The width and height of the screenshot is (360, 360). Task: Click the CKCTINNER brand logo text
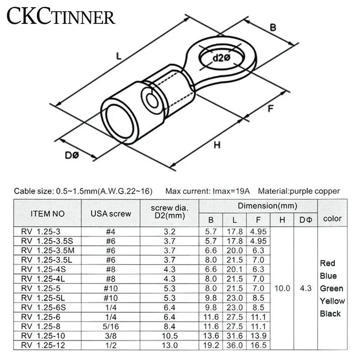point(61,17)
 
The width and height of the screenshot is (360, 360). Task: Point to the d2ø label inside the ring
point(221,58)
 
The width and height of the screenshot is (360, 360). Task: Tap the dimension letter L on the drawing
point(119,56)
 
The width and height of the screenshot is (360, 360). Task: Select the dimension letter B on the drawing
point(273,27)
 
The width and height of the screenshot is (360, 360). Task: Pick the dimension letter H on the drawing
point(217,145)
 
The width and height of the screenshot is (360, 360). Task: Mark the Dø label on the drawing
point(72,155)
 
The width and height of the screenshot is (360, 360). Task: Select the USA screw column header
point(111,213)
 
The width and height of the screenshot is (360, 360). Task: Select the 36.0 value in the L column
point(235,345)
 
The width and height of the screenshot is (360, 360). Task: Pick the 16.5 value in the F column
point(258,345)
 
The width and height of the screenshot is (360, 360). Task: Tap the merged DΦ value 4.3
point(306,288)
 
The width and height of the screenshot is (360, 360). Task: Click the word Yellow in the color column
point(333,301)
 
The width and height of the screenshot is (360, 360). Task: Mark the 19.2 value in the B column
point(211,345)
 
